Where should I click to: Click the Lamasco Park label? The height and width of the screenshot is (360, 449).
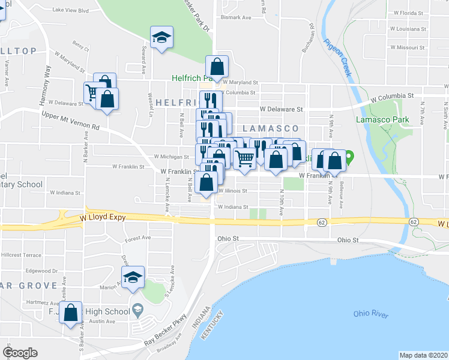[x=382, y=119]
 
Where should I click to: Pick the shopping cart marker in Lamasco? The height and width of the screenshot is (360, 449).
[x=244, y=159]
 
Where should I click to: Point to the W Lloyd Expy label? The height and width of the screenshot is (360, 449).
[x=103, y=218]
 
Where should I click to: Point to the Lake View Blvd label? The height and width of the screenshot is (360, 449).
[x=70, y=10]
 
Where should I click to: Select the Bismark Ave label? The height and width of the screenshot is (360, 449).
[x=236, y=17]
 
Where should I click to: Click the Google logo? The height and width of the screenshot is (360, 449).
[x=20, y=353]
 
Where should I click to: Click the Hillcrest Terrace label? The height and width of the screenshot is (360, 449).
[x=21, y=255]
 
